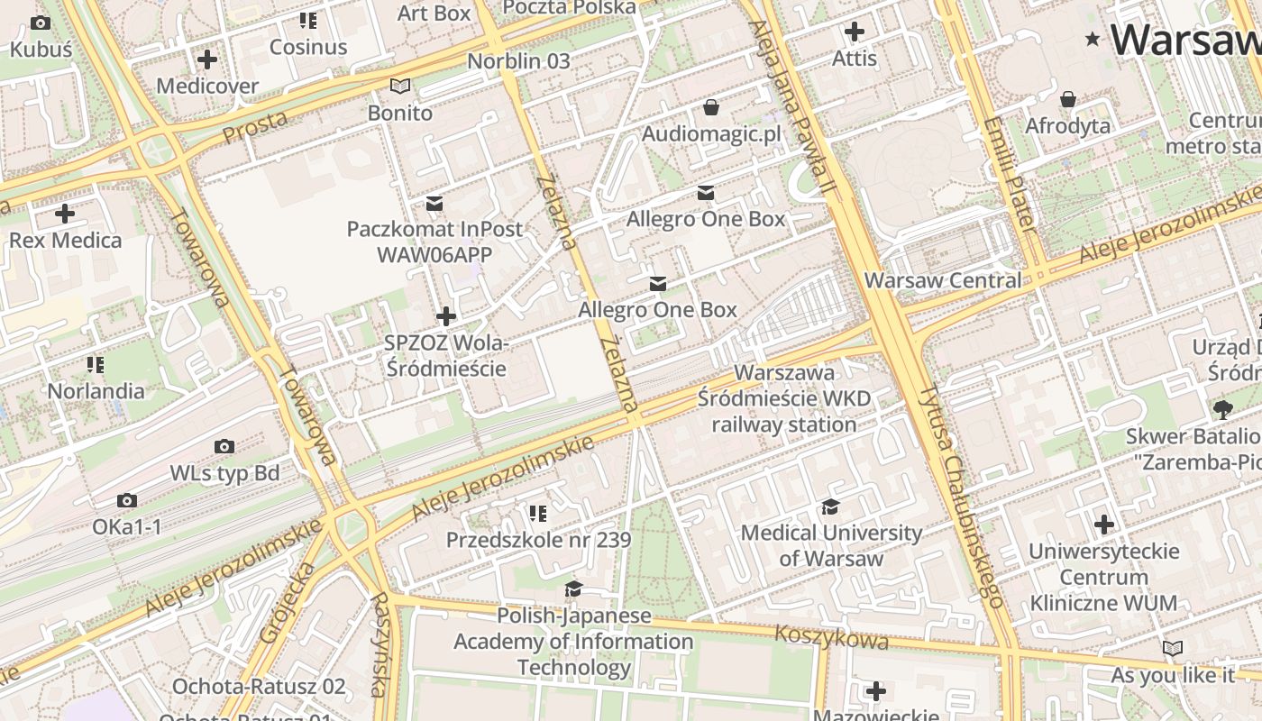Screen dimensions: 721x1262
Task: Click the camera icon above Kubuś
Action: [41, 23]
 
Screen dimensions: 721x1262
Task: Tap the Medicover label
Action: [207, 86]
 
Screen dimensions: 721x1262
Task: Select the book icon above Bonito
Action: [399, 87]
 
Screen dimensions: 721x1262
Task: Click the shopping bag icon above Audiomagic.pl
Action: [711, 108]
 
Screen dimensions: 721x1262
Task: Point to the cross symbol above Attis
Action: [854, 32]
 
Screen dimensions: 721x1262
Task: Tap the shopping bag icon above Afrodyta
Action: [1068, 98]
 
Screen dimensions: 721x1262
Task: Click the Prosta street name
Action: [255, 126]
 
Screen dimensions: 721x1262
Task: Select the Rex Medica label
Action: [65, 240]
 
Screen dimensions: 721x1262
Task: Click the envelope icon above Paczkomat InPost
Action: [434, 203]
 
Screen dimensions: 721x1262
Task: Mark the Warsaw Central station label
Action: [943, 280]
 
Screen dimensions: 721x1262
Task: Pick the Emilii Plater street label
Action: [1011, 172]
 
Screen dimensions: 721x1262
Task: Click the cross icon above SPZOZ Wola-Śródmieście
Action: [445, 316]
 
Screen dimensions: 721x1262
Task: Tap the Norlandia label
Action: [96, 390]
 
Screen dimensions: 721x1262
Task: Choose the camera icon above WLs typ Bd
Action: [224, 446]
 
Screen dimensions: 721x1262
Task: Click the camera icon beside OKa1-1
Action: [127, 500]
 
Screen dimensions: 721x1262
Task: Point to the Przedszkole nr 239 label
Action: [538, 540]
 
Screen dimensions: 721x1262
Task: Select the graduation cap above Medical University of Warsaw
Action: [830, 507]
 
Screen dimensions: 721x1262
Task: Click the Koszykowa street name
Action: [831, 637]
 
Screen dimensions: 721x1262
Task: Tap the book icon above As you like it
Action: [1172, 648]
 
